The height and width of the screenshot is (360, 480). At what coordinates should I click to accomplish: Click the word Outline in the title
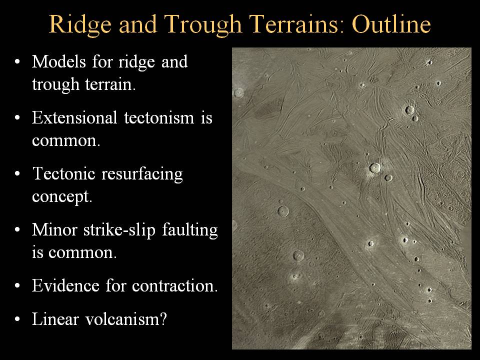point(391,24)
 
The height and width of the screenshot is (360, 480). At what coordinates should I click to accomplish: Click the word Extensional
point(74,118)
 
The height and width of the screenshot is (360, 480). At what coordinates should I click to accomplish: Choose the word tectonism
point(159,118)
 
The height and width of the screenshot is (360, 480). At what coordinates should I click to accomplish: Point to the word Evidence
point(65,285)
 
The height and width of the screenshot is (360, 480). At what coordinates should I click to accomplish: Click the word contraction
point(174,286)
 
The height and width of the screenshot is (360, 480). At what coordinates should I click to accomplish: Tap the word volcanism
point(122,319)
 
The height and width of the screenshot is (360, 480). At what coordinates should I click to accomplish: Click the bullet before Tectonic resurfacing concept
point(17,174)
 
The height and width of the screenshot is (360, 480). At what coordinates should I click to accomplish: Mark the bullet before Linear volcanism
point(17,319)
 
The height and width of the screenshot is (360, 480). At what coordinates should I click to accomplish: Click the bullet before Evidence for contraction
point(17,286)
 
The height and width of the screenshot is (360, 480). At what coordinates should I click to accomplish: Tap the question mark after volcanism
point(163,319)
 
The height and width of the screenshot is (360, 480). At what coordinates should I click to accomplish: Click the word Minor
point(54,230)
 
